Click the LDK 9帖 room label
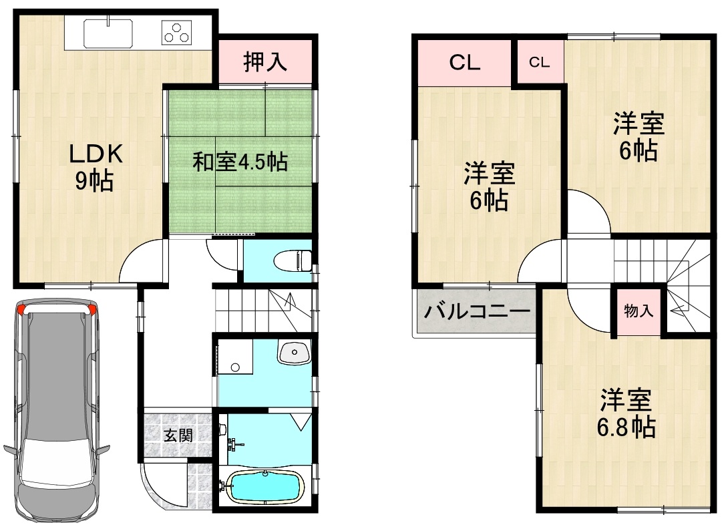96,167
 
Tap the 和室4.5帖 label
239,162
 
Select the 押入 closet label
265,61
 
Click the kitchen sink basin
108,33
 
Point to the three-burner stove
177,33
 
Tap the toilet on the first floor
293,261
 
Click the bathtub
266,487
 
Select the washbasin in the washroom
295,353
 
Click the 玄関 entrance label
178,434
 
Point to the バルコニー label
476,312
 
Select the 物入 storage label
639,311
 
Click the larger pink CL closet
465,63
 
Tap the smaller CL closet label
539,62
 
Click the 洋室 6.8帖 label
626,413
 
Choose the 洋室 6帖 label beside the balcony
489,186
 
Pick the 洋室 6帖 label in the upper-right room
639,136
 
